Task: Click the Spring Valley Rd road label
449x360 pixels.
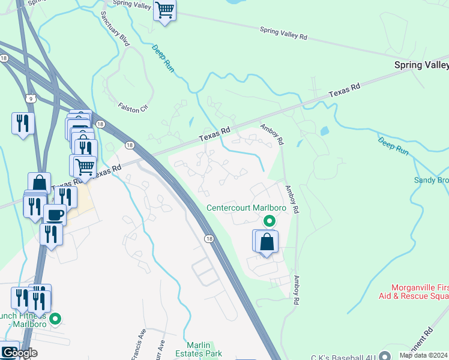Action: click(x=283, y=33)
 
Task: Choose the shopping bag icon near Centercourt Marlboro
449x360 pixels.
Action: click(x=267, y=242)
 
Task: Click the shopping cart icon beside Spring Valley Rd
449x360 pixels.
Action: click(x=164, y=10)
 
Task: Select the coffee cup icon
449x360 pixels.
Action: click(x=56, y=214)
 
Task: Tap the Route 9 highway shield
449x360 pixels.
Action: click(x=29, y=98)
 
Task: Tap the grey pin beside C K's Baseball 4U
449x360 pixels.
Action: click(x=385, y=356)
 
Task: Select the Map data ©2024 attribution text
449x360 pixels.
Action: click(x=424, y=355)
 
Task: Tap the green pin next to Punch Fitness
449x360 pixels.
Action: click(x=55, y=319)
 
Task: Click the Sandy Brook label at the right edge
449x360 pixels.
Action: click(x=431, y=179)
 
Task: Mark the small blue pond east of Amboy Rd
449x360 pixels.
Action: click(x=325, y=130)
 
